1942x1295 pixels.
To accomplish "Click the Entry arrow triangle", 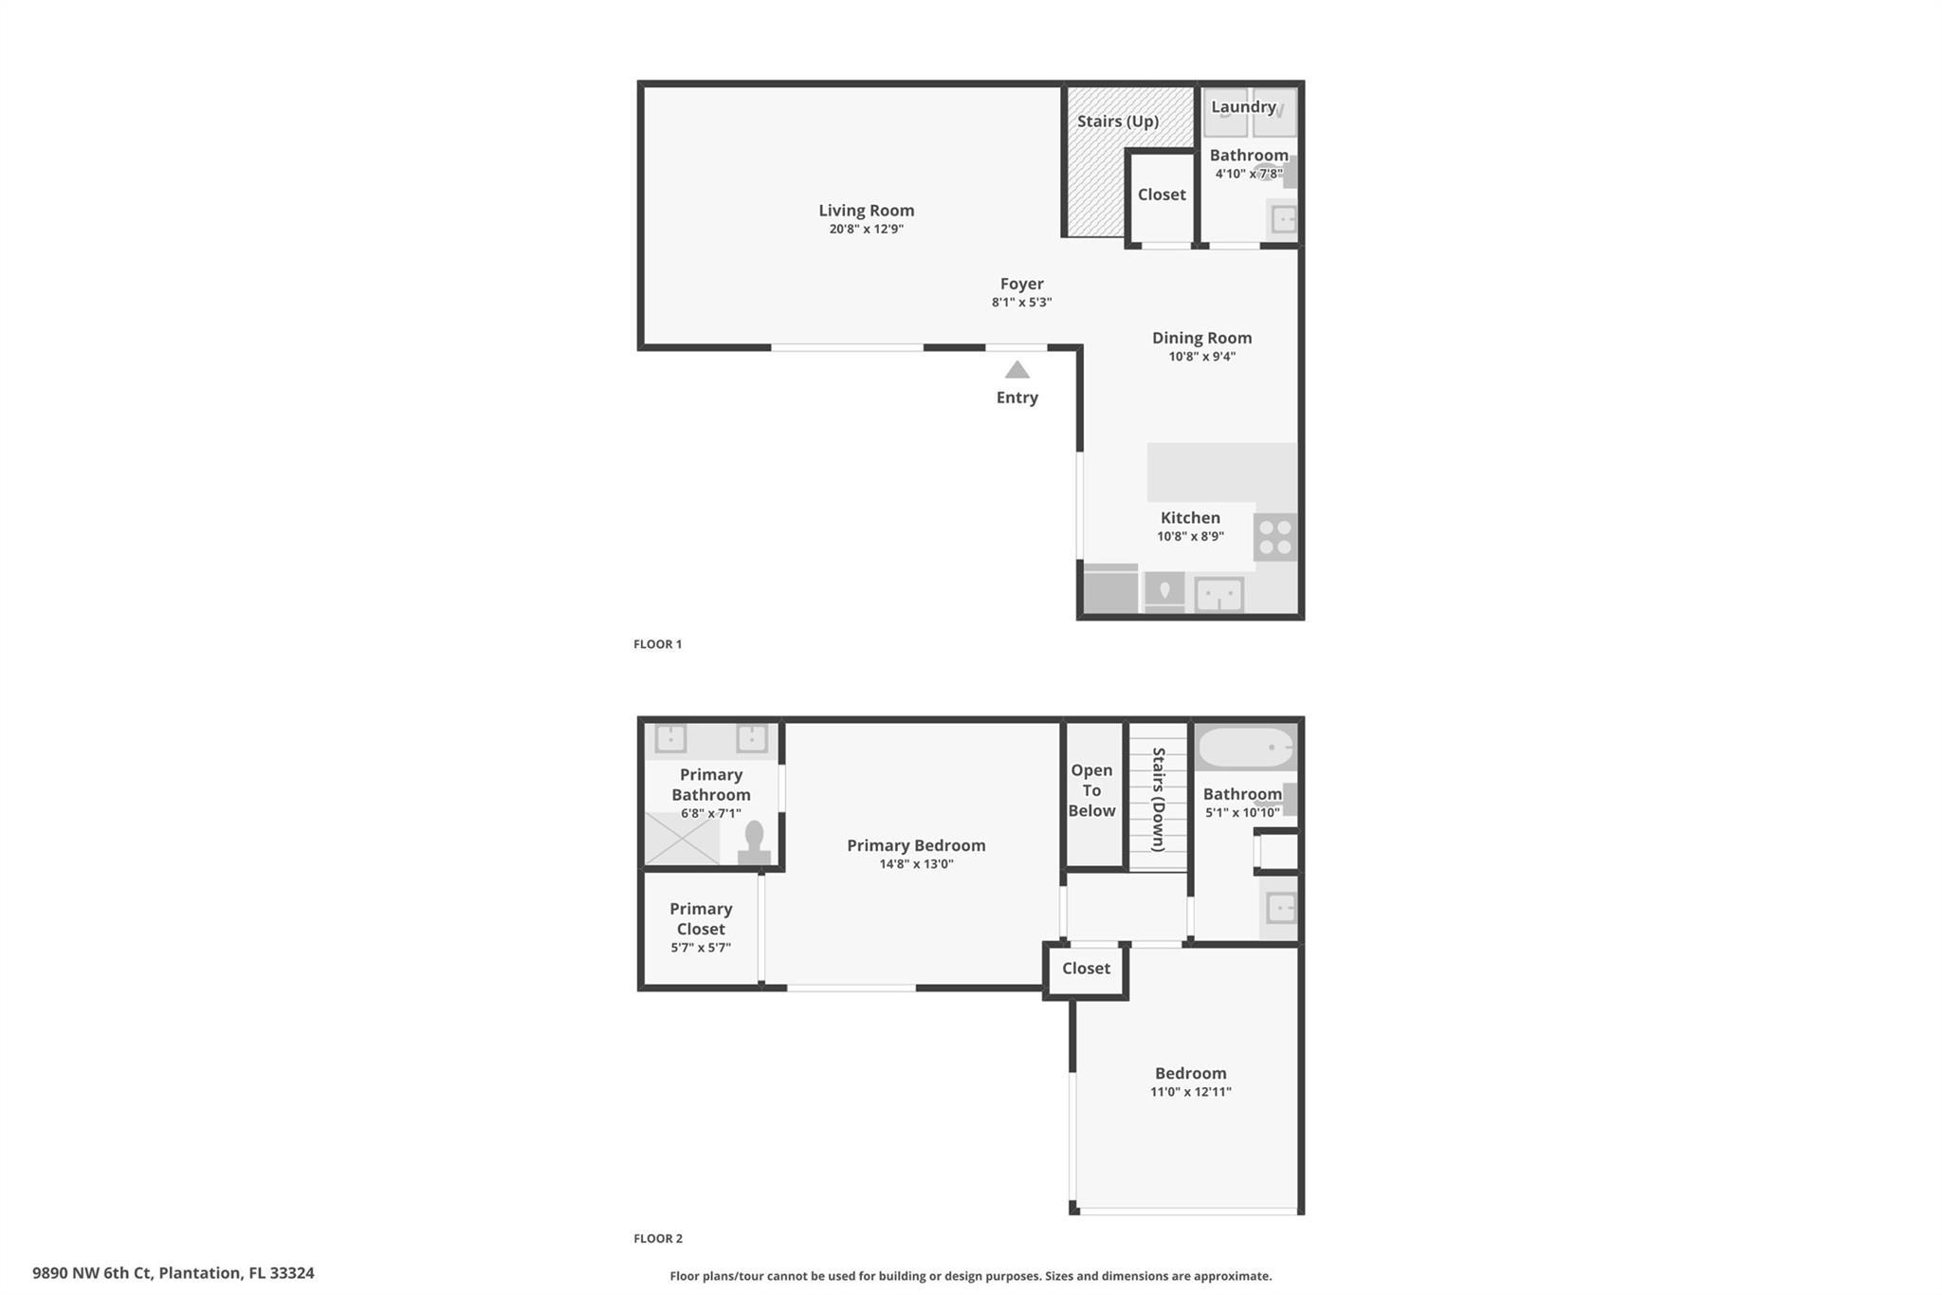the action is pyautogui.click(x=1017, y=369).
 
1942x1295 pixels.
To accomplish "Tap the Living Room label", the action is pyautogui.click(x=867, y=211).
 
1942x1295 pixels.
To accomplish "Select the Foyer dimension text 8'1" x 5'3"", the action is pyautogui.click(x=1022, y=303).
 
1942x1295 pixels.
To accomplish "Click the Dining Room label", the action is pyautogui.click(x=1202, y=338).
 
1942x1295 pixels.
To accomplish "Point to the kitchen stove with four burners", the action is pyautogui.click(x=1275, y=537).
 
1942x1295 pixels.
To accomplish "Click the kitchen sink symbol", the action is pyautogui.click(x=1218, y=595).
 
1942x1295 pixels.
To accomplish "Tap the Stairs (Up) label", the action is pyautogui.click(x=1118, y=121).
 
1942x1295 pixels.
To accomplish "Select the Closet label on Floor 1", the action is pyautogui.click(x=1162, y=194).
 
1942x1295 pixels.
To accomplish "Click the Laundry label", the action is pyautogui.click(x=1243, y=107).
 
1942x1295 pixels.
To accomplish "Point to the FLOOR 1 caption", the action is pyautogui.click(x=658, y=644).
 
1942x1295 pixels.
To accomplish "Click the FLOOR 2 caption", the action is pyautogui.click(x=658, y=1238).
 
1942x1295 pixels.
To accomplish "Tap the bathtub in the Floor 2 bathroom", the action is pyautogui.click(x=1245, y=749).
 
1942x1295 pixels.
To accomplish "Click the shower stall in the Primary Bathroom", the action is pyautogui.click(x=682, y=840).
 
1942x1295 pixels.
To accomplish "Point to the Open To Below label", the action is pyautogui.click(x=1092, y=790).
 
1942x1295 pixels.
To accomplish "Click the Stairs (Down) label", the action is pyautogui.click(x=1159, y=800).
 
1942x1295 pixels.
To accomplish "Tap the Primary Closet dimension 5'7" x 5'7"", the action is pyautogui.click(x=701, y=948).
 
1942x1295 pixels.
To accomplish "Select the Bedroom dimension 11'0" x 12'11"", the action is pyautogui.click(x=1191, y=1092).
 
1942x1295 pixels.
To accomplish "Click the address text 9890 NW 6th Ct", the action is pyautogui.click(x=92, y=1273).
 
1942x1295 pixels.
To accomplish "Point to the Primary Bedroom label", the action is pyautogui.click(x=916, y=845).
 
